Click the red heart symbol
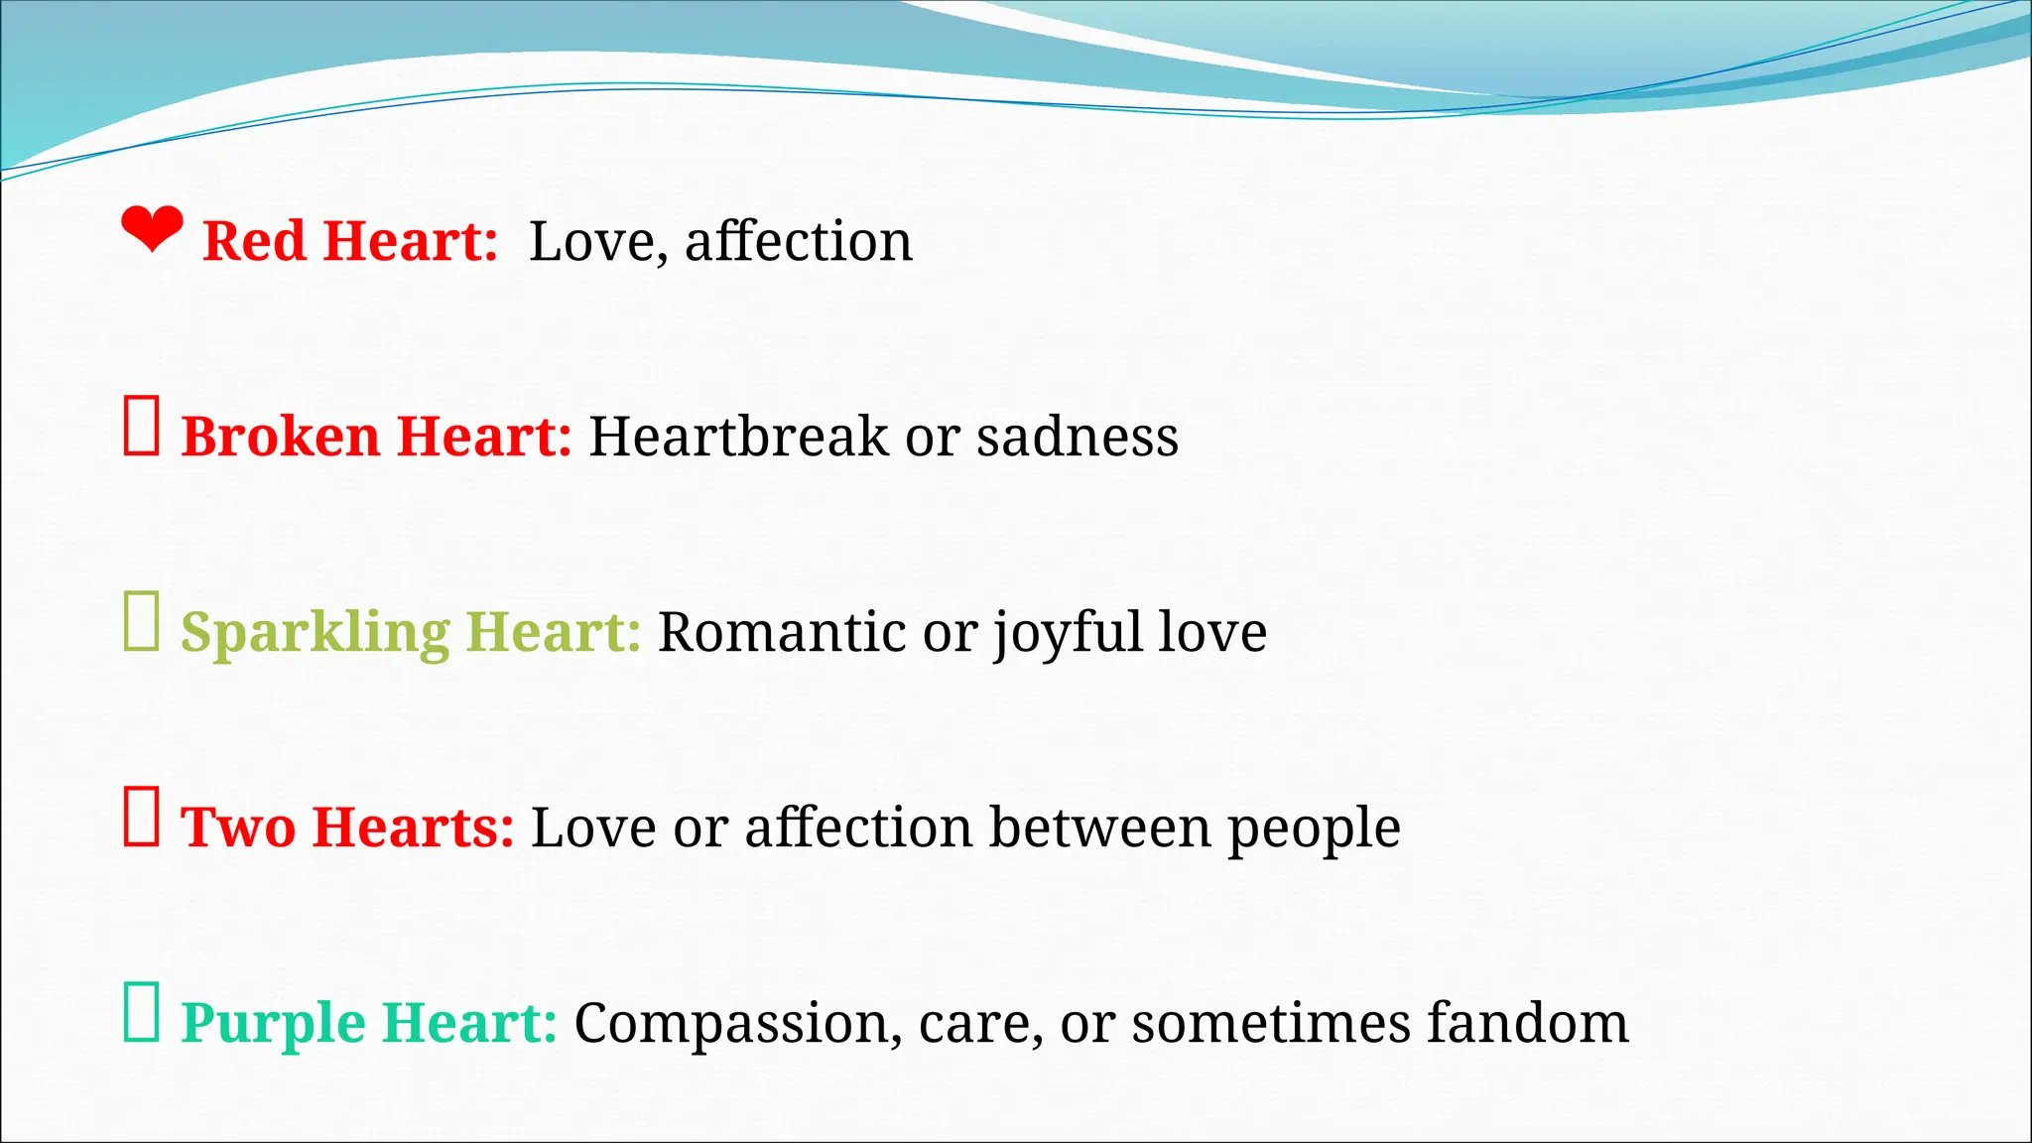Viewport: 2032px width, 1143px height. click(152, 229)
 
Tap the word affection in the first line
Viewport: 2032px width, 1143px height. click(798, 241)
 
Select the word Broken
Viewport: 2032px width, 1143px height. click(281, 437)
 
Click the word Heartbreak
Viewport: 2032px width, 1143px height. click(738, 437)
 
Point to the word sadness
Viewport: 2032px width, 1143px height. click(1077, 437)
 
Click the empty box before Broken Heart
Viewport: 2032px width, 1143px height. click(141, 426)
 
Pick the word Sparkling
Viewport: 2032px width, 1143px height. click(315, 633)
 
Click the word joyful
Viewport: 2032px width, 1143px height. click(1068, 633)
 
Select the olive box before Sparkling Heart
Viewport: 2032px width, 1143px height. click(141, 621)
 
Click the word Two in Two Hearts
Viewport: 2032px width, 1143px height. click(238, 827)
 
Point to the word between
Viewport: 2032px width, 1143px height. click(1099, 827)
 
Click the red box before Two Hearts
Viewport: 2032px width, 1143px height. click(141, 817)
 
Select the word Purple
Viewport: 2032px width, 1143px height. click(273, 1024)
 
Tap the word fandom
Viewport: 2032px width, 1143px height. click(1527, 1023)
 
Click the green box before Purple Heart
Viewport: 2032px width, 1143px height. click(141, 1012)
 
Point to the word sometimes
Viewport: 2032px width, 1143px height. click(1271, 1023)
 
